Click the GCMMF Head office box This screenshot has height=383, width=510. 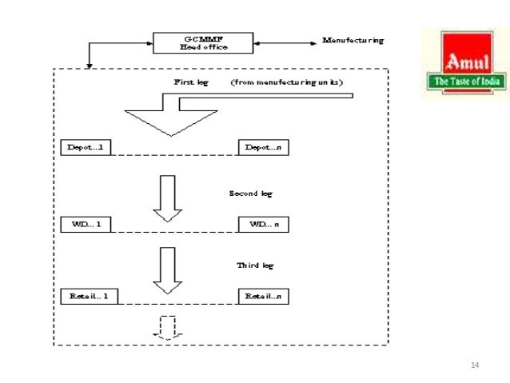pos(203,42)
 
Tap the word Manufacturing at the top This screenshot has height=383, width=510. pos(353,40)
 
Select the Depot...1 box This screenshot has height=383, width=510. pos(86,148)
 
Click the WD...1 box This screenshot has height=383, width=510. pos(86,224)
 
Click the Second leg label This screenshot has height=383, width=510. pos(253,193)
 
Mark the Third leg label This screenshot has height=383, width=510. pos(256,265)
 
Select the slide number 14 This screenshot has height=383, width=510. pos(475,365)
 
